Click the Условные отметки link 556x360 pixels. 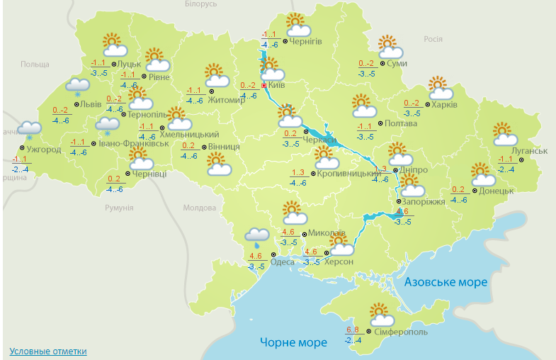[48, 351]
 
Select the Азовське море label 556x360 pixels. [446, 282]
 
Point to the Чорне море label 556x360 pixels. [293, 342]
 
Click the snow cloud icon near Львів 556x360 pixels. [77, 86]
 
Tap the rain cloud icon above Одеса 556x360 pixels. [256, 237]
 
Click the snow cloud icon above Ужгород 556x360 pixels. [29, 129]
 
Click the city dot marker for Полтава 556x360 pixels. [380, 123]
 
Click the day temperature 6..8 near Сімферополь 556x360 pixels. [353, 330]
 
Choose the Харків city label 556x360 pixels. [443, 104]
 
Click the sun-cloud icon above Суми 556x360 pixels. [390, 47]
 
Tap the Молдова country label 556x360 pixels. [199, 208]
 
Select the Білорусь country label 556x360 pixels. [200, 4]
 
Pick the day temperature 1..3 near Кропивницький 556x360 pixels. [297, 173]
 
